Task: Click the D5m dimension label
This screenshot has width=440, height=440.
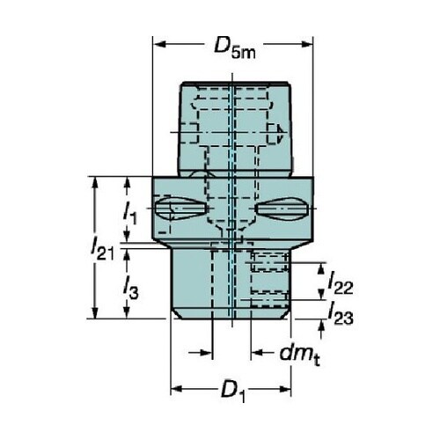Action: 235,48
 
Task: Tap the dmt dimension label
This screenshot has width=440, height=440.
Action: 299,356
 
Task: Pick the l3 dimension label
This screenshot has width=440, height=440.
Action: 130,289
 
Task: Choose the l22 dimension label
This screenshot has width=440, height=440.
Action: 341,283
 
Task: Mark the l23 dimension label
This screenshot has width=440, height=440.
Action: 341,314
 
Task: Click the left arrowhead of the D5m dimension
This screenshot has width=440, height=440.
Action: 159,44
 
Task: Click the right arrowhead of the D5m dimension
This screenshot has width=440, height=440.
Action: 306,44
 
